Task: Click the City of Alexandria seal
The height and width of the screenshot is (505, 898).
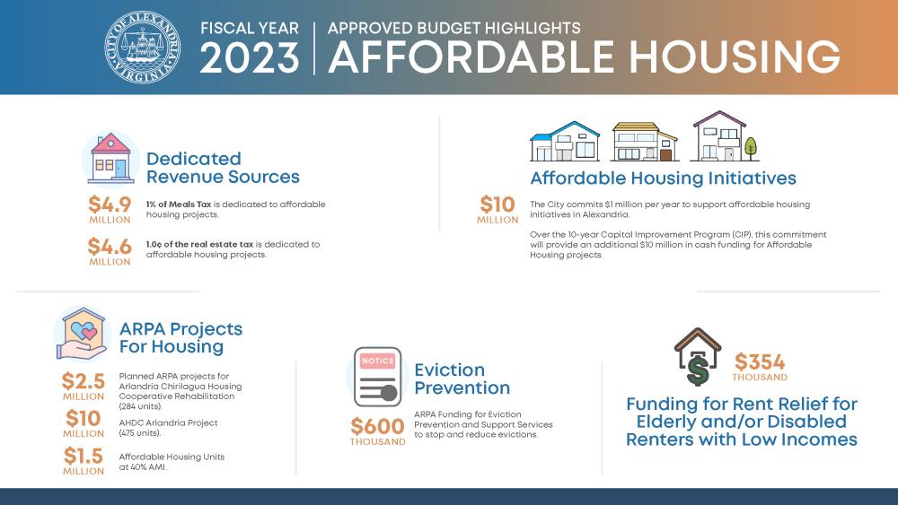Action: tap(143, 47)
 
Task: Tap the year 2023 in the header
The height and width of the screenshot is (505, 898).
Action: tap(249, 57)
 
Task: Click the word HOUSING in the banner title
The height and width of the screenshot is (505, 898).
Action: tap(735, 57)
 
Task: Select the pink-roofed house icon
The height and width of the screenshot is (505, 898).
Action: tap(111, 159)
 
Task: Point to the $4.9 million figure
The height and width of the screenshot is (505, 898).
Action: tap(110, 210)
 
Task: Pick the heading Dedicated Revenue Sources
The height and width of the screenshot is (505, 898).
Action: tap(223, 168)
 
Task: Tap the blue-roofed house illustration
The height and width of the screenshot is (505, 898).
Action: tap(565, 141)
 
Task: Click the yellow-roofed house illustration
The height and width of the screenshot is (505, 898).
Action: tap(644, 142)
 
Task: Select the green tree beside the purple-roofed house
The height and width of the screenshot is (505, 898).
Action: tap(750, 149)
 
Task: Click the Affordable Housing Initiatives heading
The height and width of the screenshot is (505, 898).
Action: tap(663, 178)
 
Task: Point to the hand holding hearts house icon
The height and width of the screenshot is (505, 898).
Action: tap(82, 334)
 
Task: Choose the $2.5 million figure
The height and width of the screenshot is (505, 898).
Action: tap(84, 387)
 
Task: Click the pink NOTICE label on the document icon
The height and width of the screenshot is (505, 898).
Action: tap(377, 361)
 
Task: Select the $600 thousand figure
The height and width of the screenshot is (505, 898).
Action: tap(377, 431)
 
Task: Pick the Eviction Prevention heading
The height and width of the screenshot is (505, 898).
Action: tap(462, 379)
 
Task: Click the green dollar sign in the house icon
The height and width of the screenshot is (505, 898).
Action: tap(698, 369)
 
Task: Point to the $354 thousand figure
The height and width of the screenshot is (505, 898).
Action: tap(760, 367)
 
